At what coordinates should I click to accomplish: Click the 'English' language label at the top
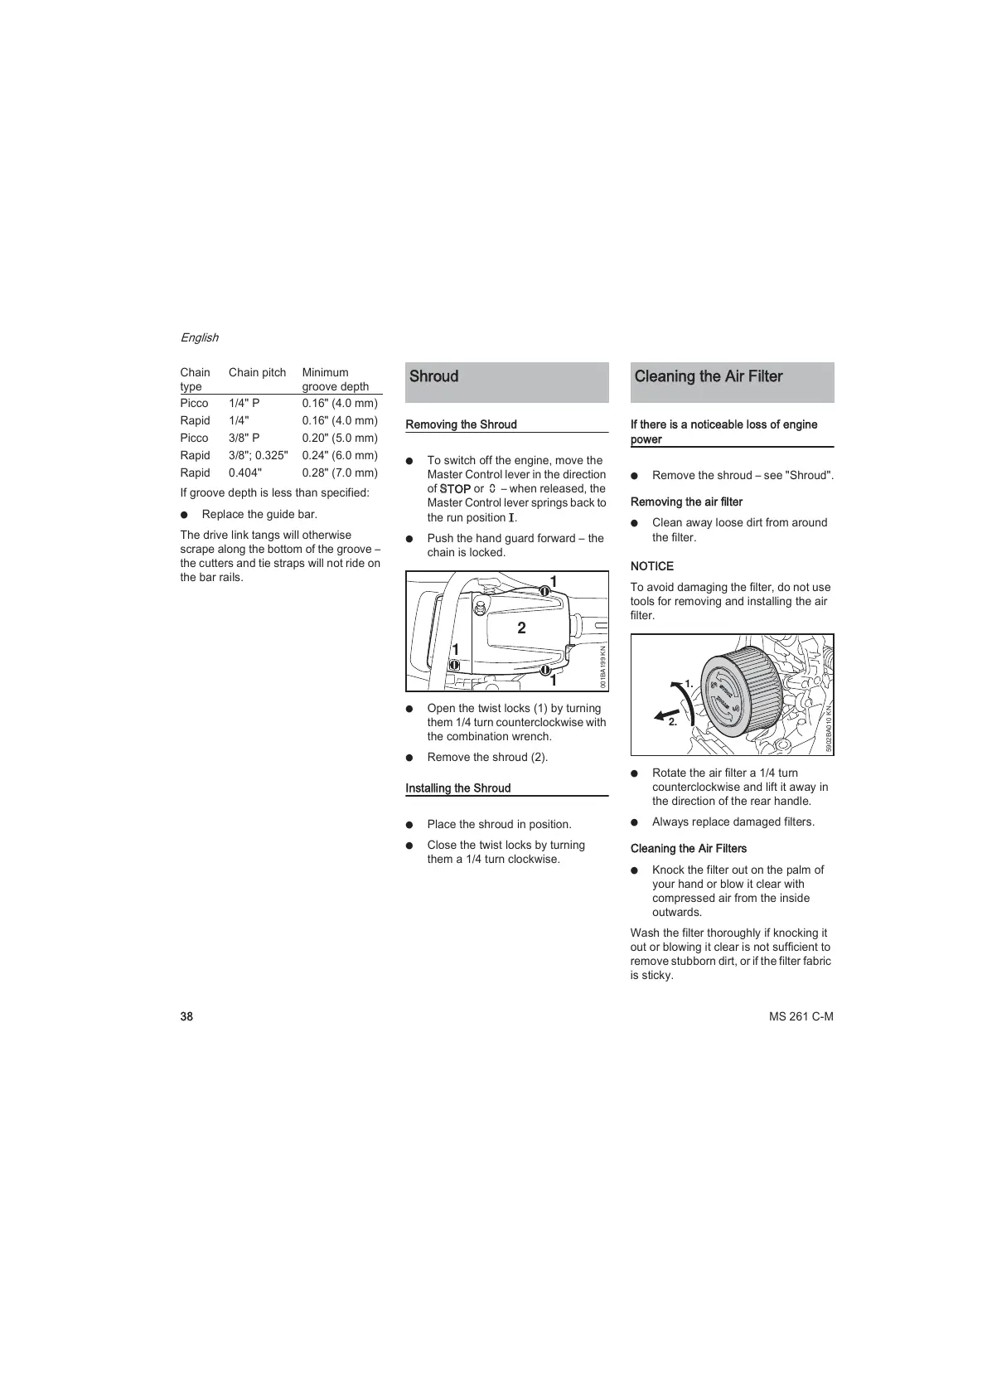(x=199, y=337)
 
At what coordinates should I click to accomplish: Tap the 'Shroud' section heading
(x=433, y=376)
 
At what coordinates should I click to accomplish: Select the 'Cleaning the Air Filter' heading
(x=708, y=376)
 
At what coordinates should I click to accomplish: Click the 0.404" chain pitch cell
(x=244, y=473)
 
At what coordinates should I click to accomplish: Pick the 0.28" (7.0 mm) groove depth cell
(x=339, y=473)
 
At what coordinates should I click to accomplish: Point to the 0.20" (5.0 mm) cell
(x=339, y=438)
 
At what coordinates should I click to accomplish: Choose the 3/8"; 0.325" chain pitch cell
(x=258, y=455)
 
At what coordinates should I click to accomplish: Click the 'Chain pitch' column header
(x=257, y=372)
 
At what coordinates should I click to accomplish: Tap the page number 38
(x=186, y=1017)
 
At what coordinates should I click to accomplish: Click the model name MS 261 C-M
(x=801, y=1017)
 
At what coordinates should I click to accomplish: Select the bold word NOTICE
(x=651, y=566)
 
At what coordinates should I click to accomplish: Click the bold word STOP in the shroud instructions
(x=455, y=489)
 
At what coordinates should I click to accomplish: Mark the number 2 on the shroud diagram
(x=521, y=628)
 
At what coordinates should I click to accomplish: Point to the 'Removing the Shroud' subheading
(x=461, y=424)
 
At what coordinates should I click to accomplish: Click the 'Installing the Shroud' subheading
(x=457, y=788)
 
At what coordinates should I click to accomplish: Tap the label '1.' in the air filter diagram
(x=688, y=683)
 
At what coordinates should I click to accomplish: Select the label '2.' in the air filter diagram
(x=672, y=722)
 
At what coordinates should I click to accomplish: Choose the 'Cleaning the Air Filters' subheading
(x=688, y=849)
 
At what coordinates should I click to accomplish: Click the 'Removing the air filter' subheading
(x=686, y=502)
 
